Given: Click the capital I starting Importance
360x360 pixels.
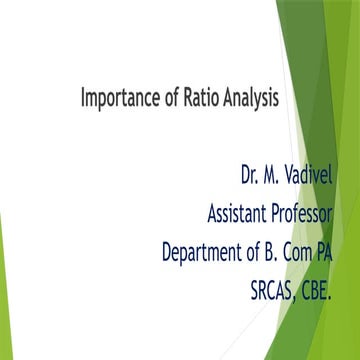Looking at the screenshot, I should [x=83, y=99].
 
